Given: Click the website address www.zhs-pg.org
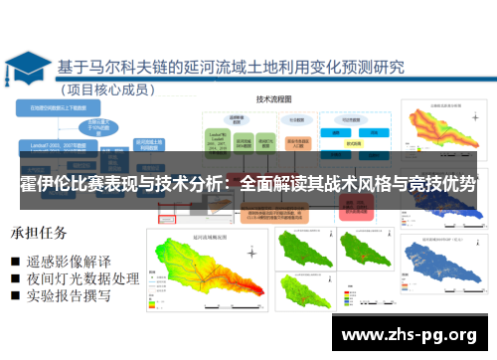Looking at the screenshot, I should click(x=409, y=334).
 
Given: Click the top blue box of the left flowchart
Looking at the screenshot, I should click(x=60, y=105).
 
